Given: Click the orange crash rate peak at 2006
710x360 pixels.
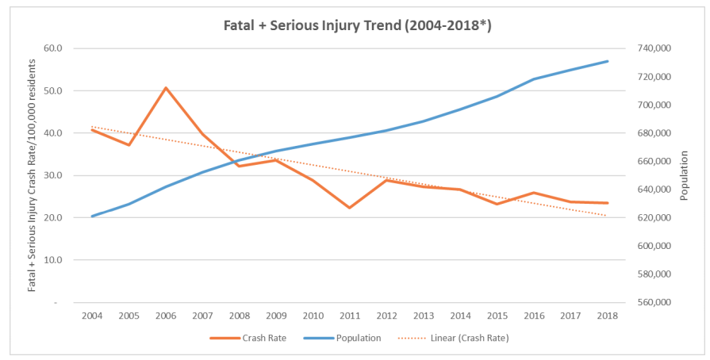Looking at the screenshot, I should click(x=166, y=87).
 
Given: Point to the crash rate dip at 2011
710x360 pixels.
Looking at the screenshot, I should click(x=350, y=208).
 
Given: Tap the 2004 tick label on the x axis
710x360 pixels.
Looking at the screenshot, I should click(x=92, y=316).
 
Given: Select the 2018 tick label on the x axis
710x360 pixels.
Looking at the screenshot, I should click(x=608, y=316).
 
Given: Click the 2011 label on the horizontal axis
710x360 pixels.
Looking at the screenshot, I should click(x=350, y=316).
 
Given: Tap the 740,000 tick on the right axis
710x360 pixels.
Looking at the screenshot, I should click(x=654, y=48).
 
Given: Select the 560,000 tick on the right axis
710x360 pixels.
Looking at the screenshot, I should click(x=654, y=302).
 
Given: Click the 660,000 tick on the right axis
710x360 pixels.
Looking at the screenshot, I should click(x=654, y=162).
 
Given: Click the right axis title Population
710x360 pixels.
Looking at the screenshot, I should click(x=686, y=175).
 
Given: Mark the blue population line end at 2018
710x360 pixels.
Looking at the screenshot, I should click(x=608, y=61).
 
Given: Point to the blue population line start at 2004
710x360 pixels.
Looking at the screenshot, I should click(x=92, y=216).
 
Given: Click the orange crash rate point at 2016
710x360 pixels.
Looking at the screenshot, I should click(x=534, y=193).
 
